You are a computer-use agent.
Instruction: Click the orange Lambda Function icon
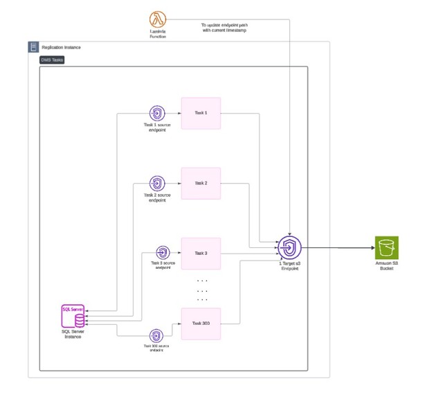pos(157,20)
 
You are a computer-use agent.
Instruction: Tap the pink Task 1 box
pos(201,112)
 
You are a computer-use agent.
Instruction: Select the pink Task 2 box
pos(201,184)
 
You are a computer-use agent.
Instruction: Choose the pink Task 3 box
pos(201,254)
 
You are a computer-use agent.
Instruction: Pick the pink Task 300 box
pos(201,324)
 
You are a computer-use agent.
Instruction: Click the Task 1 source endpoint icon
pos(157,113)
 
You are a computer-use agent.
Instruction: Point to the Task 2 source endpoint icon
pos(157,184)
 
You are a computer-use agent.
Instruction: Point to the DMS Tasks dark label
pos(53,60)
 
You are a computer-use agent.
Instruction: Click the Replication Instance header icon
pos(33,47)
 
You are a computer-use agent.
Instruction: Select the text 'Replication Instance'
pos(61,47)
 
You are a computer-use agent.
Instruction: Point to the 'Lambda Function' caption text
pos(157,35)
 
